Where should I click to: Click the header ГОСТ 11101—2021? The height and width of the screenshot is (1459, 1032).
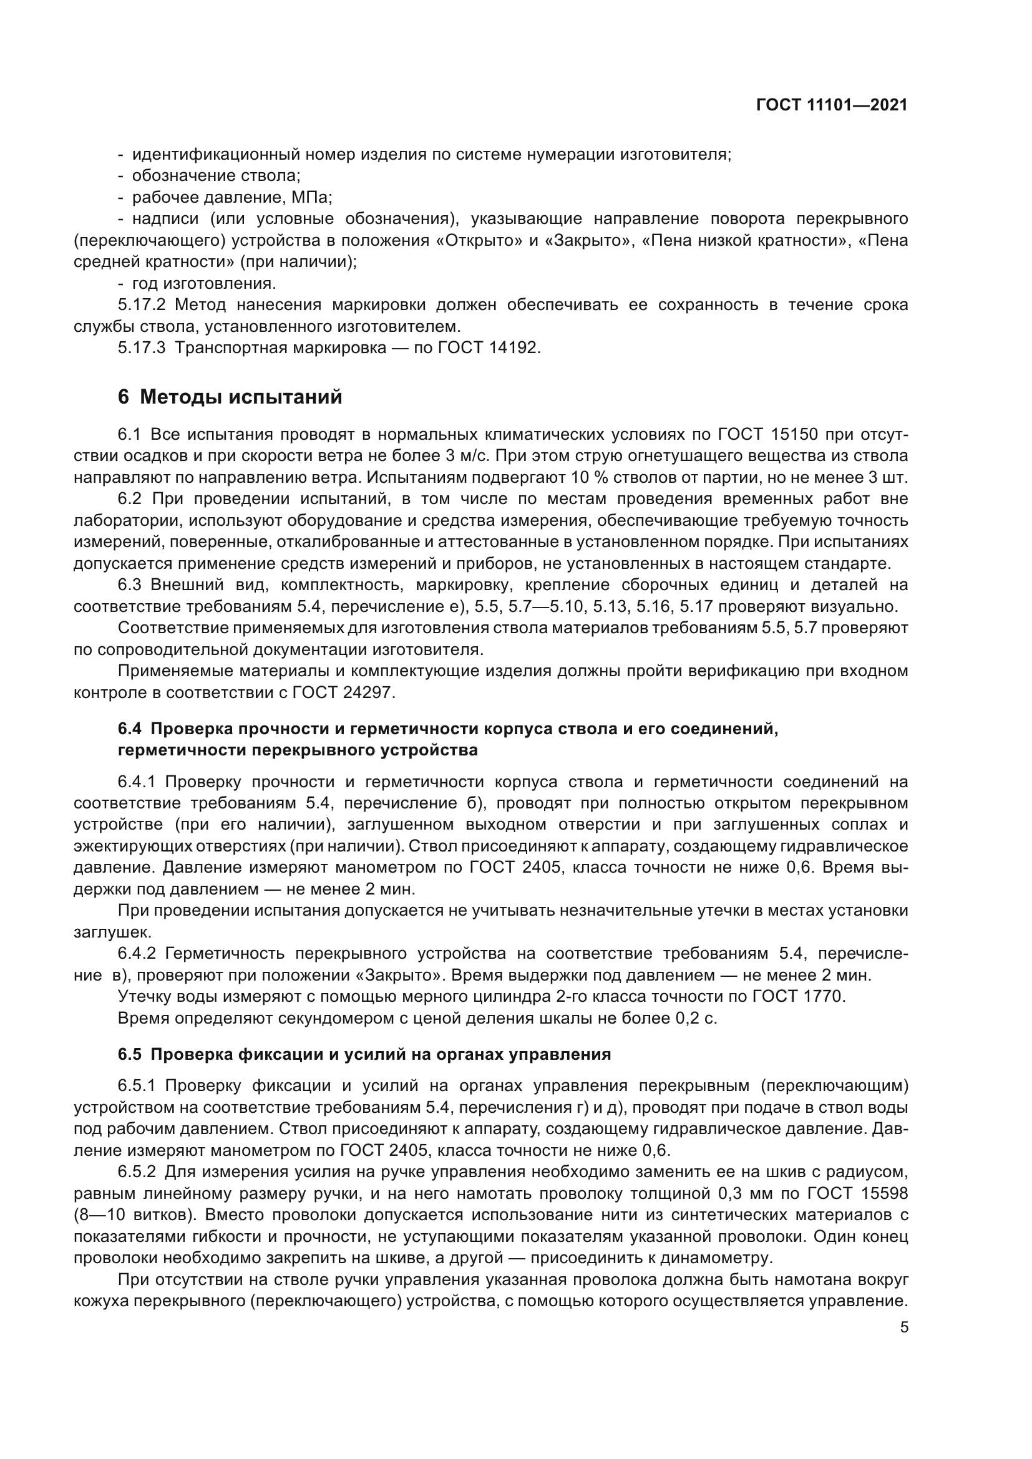[x=832, y=105]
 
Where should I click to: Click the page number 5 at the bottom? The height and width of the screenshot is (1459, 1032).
[x=904, y=1327]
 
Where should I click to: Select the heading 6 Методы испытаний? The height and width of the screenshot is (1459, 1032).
[x=230, y=397]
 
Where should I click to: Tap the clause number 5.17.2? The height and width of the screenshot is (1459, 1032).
[x=142, y=305]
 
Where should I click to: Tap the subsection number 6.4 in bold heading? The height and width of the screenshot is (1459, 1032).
[x=130, y=729]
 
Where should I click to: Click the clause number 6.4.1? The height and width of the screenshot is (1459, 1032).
[x=142, y=782]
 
